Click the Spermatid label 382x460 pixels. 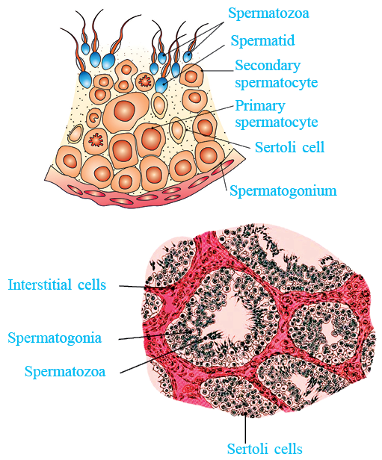tap(262, 40)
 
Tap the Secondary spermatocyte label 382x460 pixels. tap(277, 75)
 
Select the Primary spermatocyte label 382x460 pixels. tap(277, 114)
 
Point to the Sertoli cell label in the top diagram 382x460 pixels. tap(289, 147)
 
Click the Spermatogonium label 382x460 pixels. tap(283, 191)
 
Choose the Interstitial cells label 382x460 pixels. tap(57, 285)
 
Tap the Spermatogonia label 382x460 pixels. tap(55, 338)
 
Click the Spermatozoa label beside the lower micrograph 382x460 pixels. tap(65, 371)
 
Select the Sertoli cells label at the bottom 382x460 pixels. tap(265, 449)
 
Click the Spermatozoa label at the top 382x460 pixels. tap(268, 13)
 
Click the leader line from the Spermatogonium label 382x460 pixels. tap(224, 175)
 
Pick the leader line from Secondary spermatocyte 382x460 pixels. tap(218, 71)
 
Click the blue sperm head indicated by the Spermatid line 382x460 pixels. tap(161, 85)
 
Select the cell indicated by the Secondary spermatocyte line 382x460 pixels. tap(191, 76)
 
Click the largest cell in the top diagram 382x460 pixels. tap(126, 111)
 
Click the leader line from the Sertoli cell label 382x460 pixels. tap(217, 138)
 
